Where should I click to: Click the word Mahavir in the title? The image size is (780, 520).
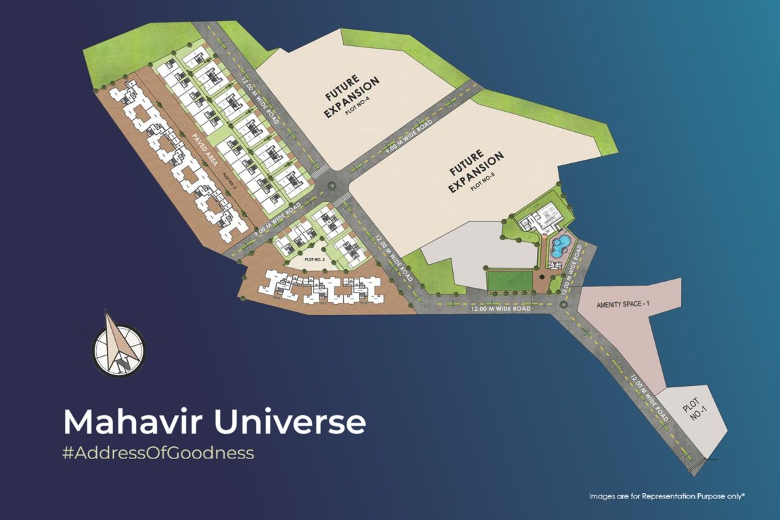point(132,421)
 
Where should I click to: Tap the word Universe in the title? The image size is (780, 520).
point(290,421)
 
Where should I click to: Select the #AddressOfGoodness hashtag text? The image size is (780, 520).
point(158,453)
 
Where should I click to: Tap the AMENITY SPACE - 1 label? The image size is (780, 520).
point(622,304)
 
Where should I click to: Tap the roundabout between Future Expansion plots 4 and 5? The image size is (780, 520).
point(330,185)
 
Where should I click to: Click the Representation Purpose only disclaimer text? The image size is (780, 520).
point(666,496)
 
